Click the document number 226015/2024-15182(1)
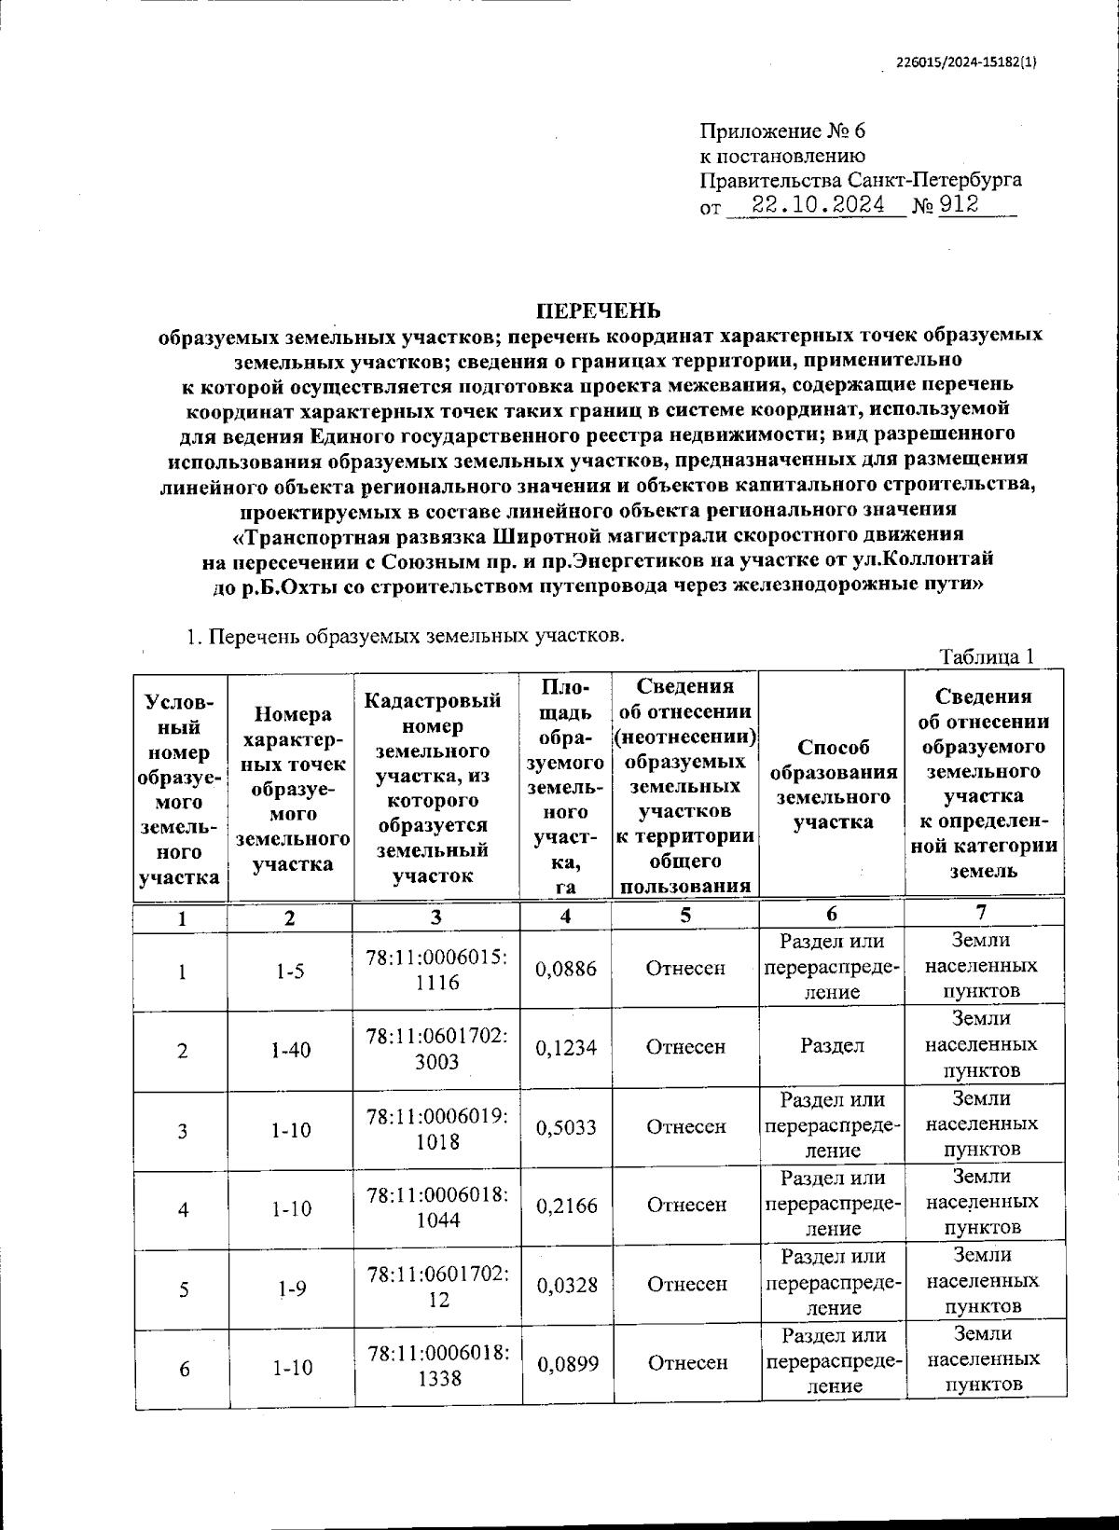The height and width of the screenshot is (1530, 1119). tap(966, 63)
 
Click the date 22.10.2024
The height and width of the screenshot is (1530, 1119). tap(818, 205)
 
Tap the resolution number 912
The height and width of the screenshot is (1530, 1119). tap(960, 205)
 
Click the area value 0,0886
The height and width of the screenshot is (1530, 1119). tap(565, 969)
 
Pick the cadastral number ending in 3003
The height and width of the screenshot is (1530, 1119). tap(436, 1049)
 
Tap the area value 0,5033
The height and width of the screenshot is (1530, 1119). tap(565, 1127)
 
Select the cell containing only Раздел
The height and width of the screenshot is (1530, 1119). tap(831, 1046)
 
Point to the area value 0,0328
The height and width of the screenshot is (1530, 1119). tap(565, 1285)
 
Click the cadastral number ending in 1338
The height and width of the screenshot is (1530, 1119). tap(436, 1365)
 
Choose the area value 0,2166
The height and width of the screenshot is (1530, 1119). tap(565, 1206)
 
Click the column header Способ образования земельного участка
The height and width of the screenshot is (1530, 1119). tap(832, 784)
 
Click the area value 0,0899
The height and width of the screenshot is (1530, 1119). tap(565, 1363)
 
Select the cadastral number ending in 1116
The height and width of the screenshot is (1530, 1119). tap(436, 969)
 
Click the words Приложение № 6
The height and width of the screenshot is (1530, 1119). tap(782, 131)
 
